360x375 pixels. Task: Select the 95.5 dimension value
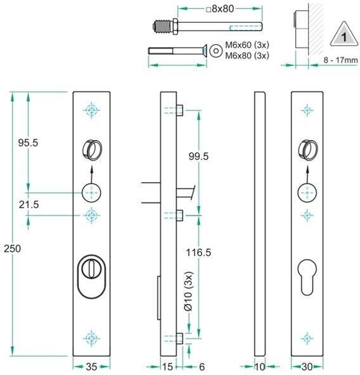point(28,143)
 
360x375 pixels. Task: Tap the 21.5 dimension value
point(28,204)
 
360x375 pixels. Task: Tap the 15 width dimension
point(168,366)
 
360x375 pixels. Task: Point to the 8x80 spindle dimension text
point(221,9)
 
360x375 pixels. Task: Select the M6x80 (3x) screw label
point(247,55)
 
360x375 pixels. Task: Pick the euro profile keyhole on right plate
point(307,278)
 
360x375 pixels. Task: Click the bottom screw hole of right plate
point(307,338)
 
